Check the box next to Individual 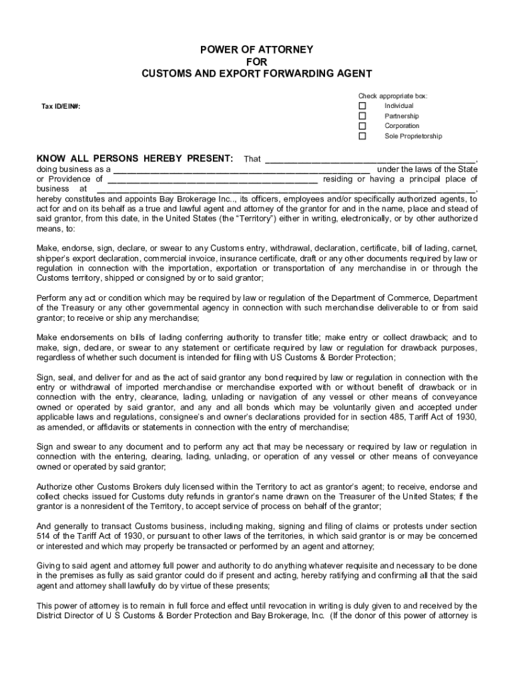coord(362,106)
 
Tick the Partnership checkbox coord(362,116)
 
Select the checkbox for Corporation coord(362,126)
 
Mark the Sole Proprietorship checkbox coord(362,136)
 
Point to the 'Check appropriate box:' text coord(393,96)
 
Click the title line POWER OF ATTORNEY coord(257,50)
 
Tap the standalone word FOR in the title coord(257,61)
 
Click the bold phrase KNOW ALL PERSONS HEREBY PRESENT coord(135,159)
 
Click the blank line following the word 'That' coord(371,160)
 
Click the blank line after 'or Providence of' coord(212,179)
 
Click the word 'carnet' coord(465,248)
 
